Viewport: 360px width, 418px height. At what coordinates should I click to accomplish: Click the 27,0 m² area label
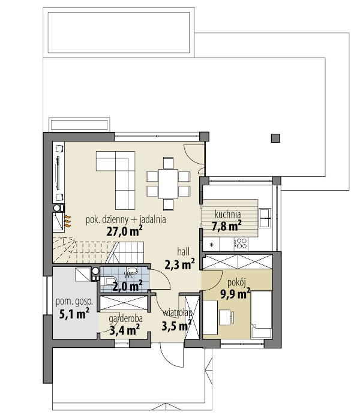[x=124, y=231]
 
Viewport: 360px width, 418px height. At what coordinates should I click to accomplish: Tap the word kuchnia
[x=228, y=214]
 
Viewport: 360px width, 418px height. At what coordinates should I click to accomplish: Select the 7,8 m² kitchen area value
[x=227, y=226]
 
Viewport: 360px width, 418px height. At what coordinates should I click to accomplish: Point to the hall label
[x=184, y=251]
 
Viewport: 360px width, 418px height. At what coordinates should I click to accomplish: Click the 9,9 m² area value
[x=235, y=294]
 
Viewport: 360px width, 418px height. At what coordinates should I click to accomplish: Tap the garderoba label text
[x=125, y=319]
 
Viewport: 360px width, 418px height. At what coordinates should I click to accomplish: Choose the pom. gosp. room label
[x=74, y=302]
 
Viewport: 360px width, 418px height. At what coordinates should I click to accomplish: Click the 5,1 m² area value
[x=74, y=314]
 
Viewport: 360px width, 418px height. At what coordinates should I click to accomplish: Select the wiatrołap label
[x=178, y=313]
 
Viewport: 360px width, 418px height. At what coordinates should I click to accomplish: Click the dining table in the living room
[x=168, y=184]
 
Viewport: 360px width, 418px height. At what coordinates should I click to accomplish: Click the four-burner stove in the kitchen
[x=241, y=243]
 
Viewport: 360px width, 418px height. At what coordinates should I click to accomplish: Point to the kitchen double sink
[x=265, y=218]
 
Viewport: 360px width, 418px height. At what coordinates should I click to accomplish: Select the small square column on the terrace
[x=275, y=138]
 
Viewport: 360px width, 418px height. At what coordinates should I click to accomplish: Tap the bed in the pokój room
[x=262, y=315]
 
